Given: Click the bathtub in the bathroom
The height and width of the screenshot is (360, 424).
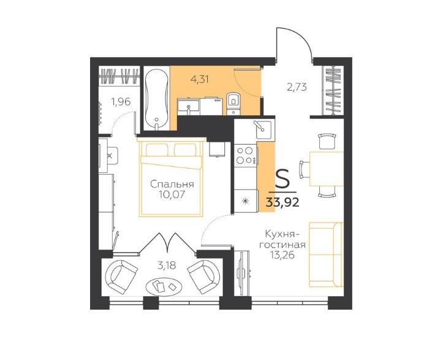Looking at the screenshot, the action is (156, 100).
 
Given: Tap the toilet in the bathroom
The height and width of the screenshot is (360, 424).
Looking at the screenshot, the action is (233, 104).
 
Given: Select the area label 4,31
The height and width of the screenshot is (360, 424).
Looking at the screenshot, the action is (200, 79).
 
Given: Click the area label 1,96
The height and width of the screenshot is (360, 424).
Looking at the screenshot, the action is (121, 102).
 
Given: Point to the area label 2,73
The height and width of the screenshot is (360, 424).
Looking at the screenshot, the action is (297, 87).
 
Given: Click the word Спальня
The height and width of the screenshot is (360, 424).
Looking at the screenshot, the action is (172, 184).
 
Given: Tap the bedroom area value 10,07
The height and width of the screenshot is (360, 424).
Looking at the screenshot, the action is (172, 194).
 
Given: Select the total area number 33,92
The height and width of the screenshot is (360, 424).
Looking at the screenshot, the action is (282, 202).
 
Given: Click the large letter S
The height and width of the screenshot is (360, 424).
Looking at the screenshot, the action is (282, 178).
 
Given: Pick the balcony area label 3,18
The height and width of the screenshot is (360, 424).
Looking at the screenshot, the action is (167, 266).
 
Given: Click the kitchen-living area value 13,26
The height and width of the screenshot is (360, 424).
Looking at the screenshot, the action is (282, 255).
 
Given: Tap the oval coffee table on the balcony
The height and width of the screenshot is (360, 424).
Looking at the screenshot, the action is (164, 287).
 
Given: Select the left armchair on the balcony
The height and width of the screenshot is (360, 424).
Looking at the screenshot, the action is (121, 277).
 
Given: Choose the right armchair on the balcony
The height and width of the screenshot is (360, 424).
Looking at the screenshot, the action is (204, 277).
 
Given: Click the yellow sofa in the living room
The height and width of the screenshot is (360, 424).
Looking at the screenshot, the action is (326, 255).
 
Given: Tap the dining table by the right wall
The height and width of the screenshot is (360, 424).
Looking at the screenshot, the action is (327, 169).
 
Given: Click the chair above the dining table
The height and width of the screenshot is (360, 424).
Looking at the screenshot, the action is (327, 141).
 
